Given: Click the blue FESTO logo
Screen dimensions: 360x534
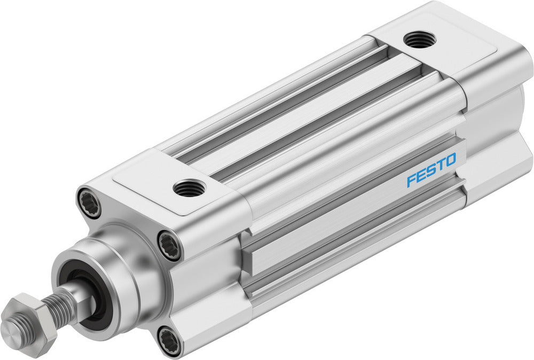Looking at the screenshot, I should tap(431, 169).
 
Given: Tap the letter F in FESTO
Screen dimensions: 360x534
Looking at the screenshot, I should tap(411, 179).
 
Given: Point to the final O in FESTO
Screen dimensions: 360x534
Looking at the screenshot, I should tap(450, 160).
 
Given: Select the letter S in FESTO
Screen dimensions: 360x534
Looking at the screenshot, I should tap(430, 170).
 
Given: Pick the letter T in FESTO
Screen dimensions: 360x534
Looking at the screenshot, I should tap(440, 165).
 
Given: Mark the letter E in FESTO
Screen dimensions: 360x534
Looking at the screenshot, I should tap(421, 175).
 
